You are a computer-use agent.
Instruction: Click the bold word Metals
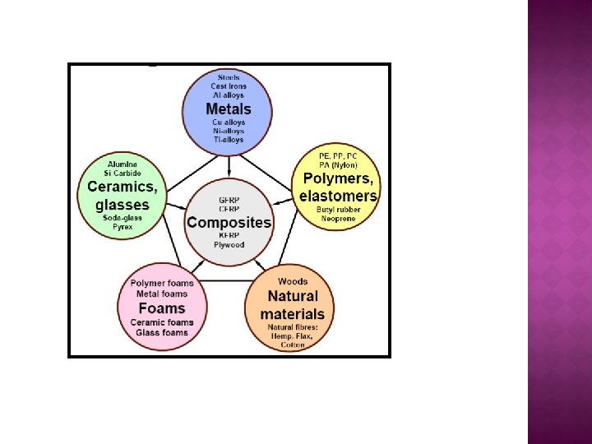pyautogui.click(x=229, y=109)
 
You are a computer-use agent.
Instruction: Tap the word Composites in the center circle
pyautogui.click(x=229, y=222)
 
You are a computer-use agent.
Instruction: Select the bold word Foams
pyautogui.click(x=161, y=308)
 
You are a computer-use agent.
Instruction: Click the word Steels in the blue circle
pyautogui.click(x=229, y=77)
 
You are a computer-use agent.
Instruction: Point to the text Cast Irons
pyautogui.click(x=229, y=86)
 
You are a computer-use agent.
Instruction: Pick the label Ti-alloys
pyautogui.click(x=229, y=140)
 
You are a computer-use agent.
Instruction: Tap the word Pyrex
pyautogui.click(x=123, y=227)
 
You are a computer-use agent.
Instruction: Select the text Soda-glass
pyautogui.click(x=123, y=218)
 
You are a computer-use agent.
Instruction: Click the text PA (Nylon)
pyautogui.click(x=338, y=164)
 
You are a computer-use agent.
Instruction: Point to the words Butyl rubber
pyautogui.click(x=338, y=210)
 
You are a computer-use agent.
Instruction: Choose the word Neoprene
pyautogui.click(x=338, y=219)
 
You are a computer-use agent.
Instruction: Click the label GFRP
pyautogui.click(x=229, y=200)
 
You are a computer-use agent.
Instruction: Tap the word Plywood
pyautogui.click(x=229, y=244)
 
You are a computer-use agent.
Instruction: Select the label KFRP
pyautogui.click(x=229, y=235)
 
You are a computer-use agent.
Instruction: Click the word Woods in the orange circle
pyautogui.click(x=293, y=282)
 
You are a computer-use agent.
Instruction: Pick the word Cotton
pyautogui.click(x=293, y=345)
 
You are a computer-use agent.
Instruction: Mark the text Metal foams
pyautogui.click(x=162, y=294)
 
